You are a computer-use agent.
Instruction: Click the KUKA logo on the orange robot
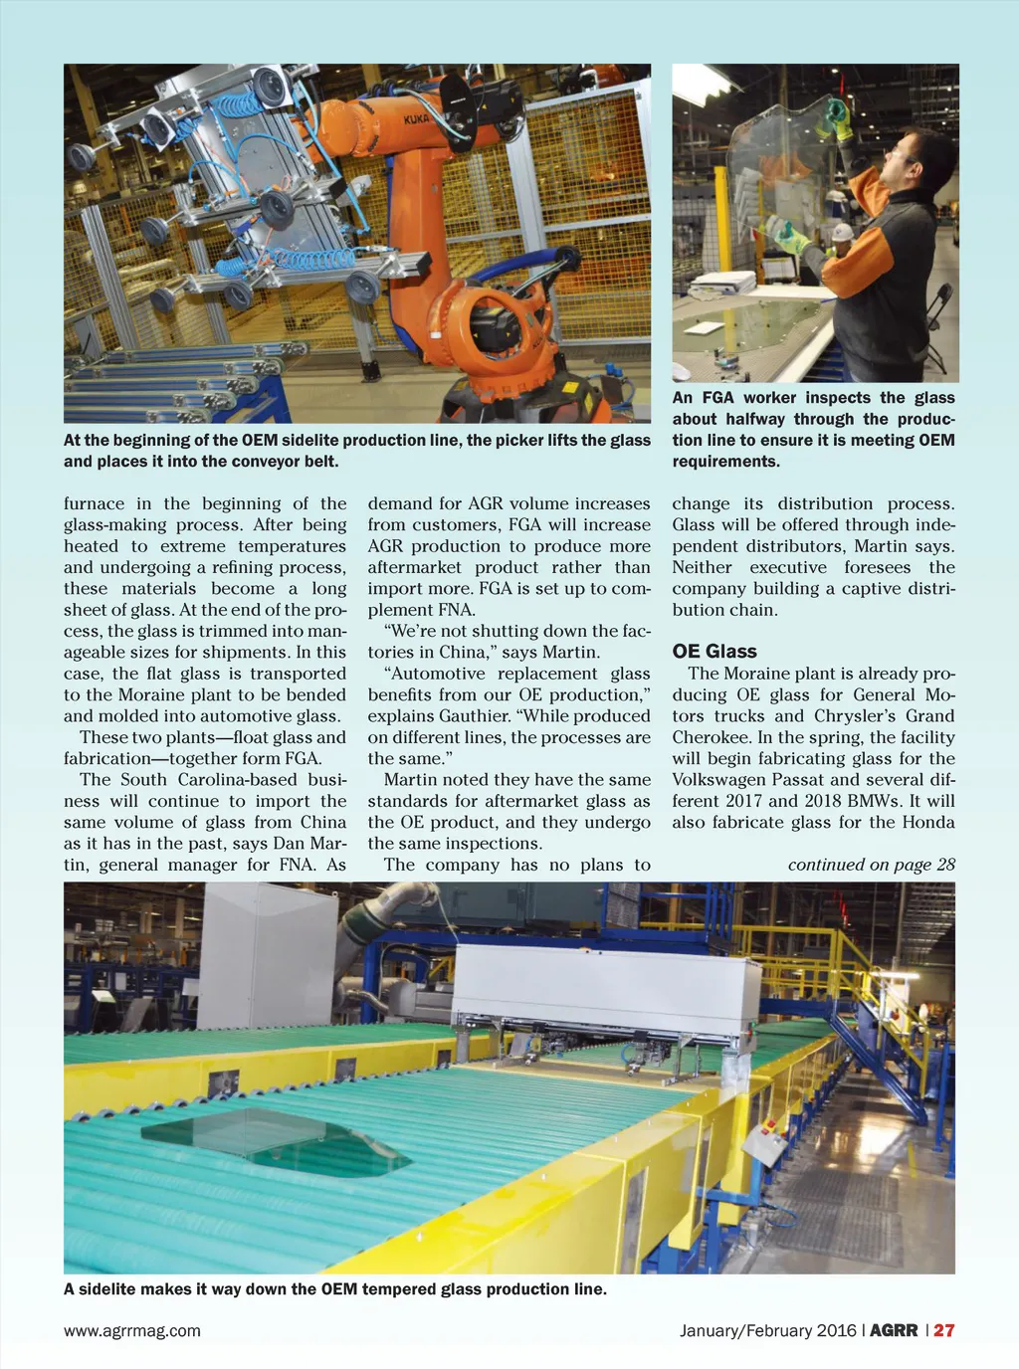click(416, 120)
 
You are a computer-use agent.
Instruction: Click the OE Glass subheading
click(713, 651)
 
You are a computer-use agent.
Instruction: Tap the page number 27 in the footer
click(944, 1330)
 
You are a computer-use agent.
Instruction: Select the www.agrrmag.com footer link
click(132, 1330)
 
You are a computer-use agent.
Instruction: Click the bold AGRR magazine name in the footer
click(894, 1330)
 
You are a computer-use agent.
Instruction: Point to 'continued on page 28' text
click(871, 865)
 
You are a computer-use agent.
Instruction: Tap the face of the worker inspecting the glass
click(903, 160)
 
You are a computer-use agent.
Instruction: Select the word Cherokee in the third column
click(713, 737)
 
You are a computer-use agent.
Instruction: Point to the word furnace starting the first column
click(95, 503)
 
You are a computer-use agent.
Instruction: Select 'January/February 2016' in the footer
click(767, 1330)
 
